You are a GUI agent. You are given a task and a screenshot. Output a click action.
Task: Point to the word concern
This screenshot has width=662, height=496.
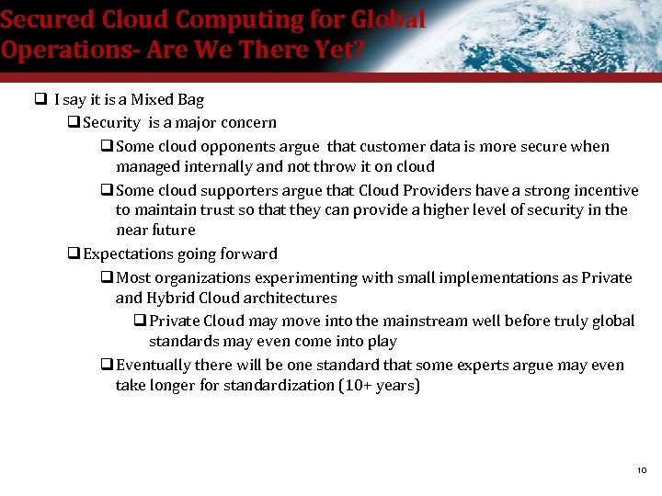click(246, 122)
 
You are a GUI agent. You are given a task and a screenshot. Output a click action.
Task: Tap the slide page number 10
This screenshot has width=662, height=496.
click(642, 470)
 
